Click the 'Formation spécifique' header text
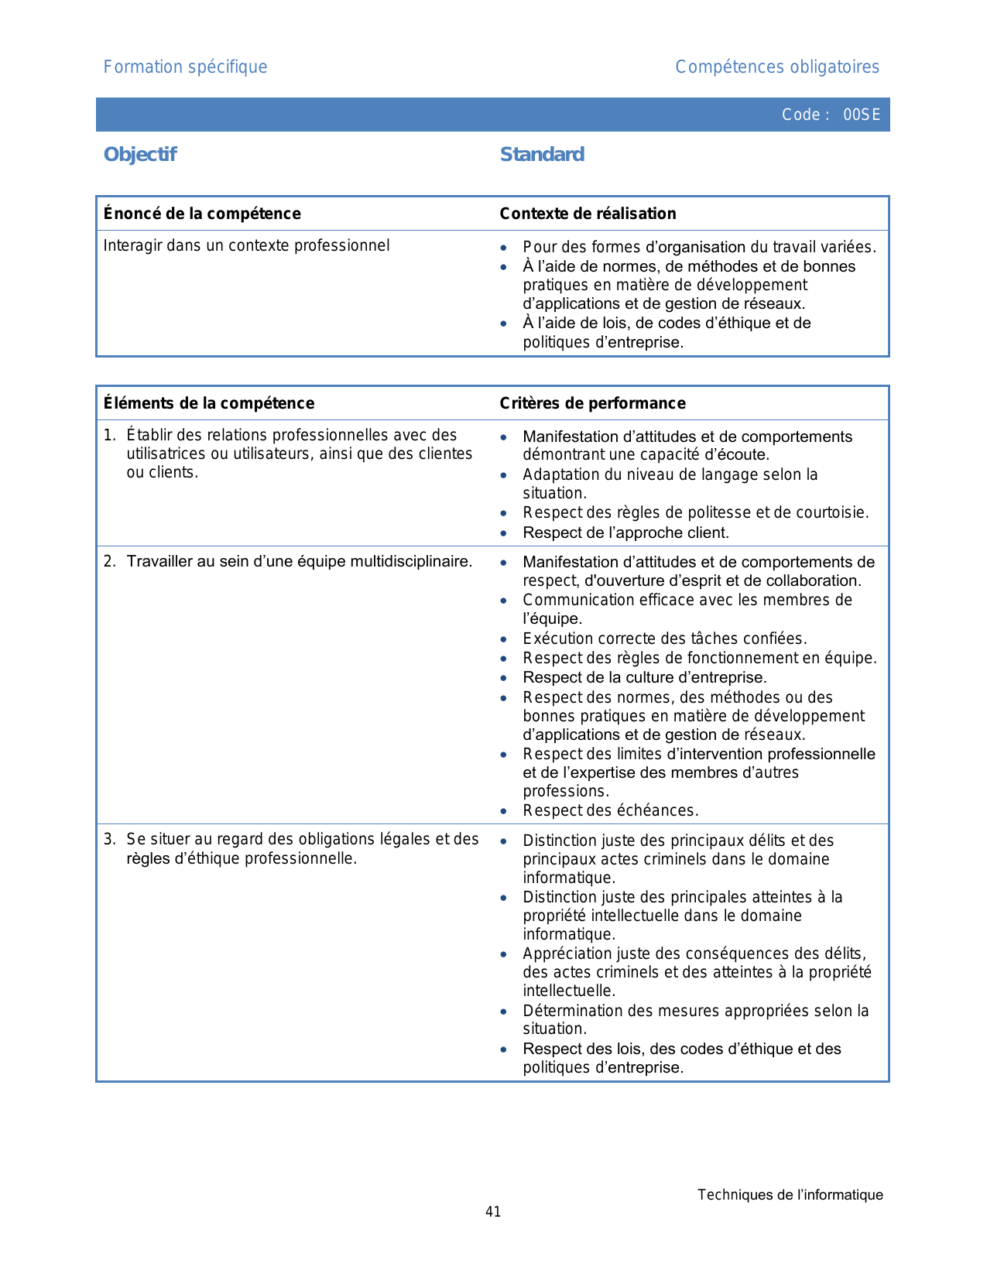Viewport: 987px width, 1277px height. point(185,67)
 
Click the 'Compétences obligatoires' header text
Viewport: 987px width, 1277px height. point(776,67)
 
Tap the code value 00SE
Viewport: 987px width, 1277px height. point(862,115)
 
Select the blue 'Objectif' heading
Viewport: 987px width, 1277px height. point(140,155)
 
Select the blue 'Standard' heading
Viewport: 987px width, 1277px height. point(542,155)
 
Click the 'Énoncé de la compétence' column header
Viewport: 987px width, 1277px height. point(202,214)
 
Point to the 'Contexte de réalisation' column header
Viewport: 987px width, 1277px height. point(588,214)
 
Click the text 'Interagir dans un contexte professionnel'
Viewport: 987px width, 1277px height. point(246,246)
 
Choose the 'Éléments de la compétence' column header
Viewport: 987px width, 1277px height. point(209,403)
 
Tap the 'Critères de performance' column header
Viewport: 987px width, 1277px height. point(592,403)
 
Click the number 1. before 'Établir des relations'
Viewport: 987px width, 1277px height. point(109,436)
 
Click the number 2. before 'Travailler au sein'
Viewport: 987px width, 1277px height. point(109,562)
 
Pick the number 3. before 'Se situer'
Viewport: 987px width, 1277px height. point(109,840)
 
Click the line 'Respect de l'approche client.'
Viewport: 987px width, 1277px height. point(625,533)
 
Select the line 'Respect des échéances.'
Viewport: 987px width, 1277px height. point(610,811)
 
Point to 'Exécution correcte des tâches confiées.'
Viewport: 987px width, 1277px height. point(664,639)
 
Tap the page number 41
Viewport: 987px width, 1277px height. point(493,1212)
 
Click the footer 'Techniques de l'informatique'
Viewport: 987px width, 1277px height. point(790,1195)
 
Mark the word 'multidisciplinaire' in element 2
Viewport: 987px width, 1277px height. point(410,562)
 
